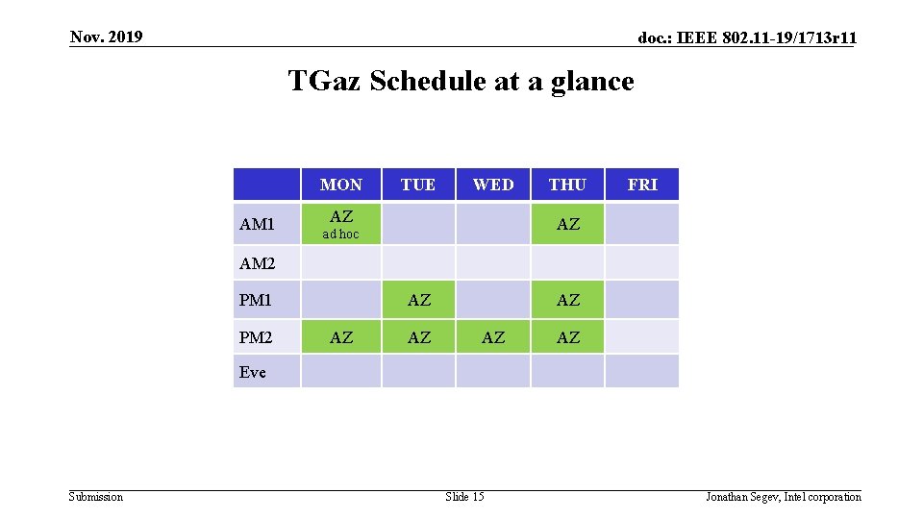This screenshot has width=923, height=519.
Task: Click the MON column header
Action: (x=341, y=185)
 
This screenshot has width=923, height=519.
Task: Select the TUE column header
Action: (x=418, y=185)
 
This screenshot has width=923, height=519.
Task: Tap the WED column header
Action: (x=493, y=185)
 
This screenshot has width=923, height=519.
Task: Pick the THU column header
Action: (x=567, y=185)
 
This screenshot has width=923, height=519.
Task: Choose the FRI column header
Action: (x=642, y=185)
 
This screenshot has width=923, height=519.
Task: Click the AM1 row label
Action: (x=257, y=224)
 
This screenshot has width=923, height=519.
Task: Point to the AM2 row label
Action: (x=257, y=263)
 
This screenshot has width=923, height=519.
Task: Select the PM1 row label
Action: (x=256, y=300)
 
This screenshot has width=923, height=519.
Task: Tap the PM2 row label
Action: (x=256, y=337)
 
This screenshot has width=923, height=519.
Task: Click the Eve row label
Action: (x=253, y=372)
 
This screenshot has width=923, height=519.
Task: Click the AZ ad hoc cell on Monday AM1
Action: (x=341, y=224)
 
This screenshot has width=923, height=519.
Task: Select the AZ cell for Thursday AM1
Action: (x=568, y=224)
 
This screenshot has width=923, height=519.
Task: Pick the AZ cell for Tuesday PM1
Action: (x=419, y=300)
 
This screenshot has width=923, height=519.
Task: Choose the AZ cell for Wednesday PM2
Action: (x=493, y=337)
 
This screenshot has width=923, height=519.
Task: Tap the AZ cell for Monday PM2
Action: (x=341, y=337)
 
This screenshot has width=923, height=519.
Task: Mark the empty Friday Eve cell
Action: (x=642, y=371)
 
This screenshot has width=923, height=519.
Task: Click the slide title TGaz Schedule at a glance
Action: (x=461, y=81)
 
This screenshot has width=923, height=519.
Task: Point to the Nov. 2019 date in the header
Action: (x=106, y=37)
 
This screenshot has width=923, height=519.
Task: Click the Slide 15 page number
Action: (x=464, y=496)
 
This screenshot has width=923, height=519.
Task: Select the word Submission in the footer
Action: (x=96, y=496)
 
